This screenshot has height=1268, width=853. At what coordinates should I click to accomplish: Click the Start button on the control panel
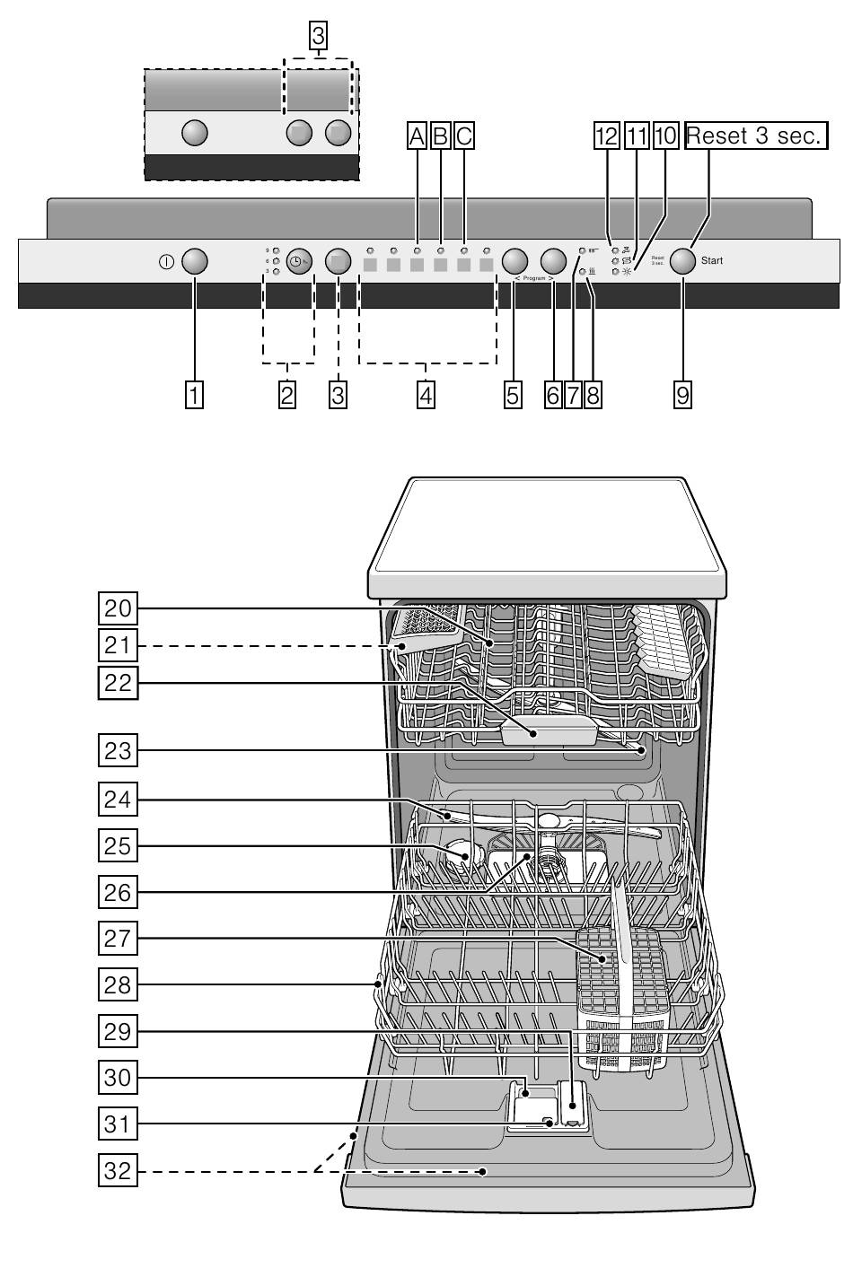[x=682, y=261]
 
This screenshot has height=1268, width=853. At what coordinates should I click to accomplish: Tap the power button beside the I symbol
[x=195, y=262]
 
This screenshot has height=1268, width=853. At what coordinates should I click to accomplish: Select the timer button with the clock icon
[x=299, y=261]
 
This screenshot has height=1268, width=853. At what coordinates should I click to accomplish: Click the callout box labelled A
[x=417, y=136]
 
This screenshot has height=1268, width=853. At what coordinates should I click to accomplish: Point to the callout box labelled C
[x=463, y=136]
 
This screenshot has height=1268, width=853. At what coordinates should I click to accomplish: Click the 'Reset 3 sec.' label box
[x=755, y=136]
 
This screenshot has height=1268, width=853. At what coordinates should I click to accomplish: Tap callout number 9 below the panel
[x=682, y=394]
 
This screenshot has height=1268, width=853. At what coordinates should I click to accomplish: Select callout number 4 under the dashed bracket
[x=426, y=394]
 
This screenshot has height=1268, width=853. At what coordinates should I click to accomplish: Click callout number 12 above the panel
[x=606, y=136]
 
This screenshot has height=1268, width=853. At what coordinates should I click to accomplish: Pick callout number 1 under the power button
[x=194, y=394]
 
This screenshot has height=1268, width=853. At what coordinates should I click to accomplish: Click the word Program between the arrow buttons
[x=534, y=279]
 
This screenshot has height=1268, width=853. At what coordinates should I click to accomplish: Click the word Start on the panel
[x=712, y=261]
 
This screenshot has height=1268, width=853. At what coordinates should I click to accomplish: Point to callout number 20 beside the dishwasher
[x=117, y=608]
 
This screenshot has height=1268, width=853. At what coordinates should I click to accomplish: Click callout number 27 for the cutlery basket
[x=117, y=940]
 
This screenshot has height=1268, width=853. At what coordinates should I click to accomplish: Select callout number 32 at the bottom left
[x=117, y=1170]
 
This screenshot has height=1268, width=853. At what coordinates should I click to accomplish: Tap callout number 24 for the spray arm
[x=117, y=800]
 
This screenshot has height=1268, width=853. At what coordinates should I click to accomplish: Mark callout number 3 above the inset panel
[x=318, y=37]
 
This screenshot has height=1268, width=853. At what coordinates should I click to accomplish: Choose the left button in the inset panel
[x=195, y=133]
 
